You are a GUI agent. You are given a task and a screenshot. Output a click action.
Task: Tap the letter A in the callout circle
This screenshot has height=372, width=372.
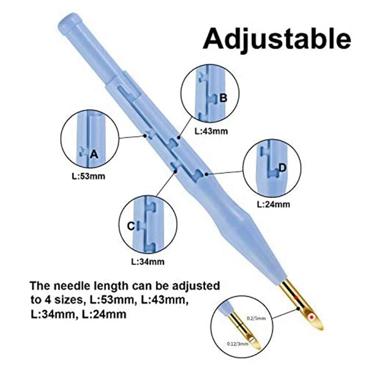click(94, 154)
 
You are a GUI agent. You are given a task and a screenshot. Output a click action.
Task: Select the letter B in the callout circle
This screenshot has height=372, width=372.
click(223, 98)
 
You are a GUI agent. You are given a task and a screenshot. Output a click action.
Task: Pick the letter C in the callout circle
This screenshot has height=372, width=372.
click(131, 226)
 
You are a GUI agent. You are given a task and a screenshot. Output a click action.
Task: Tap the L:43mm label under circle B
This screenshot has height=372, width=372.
click(212, 131)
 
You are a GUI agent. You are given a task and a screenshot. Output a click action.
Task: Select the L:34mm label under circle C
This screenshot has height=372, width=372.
click(147, 261)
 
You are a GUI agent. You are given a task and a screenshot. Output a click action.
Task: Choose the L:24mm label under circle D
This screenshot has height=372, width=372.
click(273, 204)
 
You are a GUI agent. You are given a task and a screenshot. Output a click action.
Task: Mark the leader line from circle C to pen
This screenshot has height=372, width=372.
click(163, 184)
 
